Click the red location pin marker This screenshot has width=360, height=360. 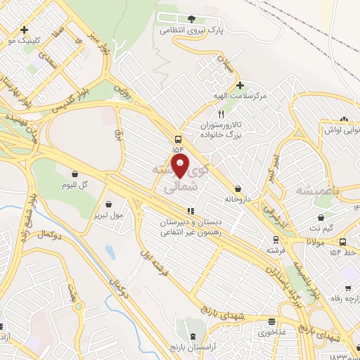181,167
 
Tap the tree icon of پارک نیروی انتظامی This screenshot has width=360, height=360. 192,18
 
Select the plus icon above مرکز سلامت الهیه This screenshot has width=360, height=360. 240,84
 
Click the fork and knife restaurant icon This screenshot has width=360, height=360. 221,113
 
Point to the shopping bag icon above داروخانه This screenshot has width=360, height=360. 240,188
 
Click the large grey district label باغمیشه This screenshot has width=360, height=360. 314,191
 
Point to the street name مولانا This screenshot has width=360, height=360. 314,241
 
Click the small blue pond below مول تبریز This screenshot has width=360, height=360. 109,251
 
